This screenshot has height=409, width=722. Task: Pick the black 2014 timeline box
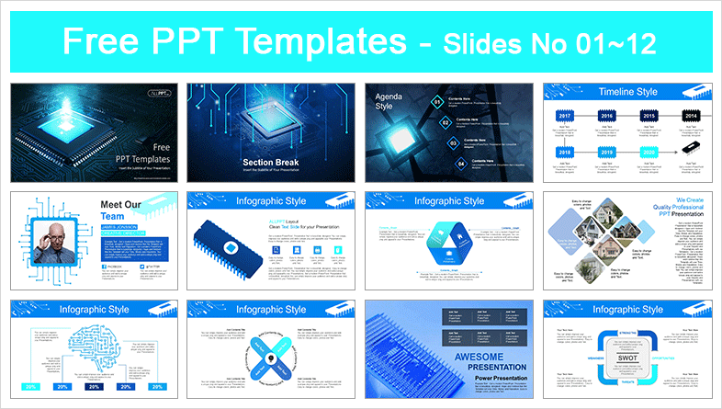[x=690, y=116]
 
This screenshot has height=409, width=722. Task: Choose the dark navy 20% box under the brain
[x=94, y=388]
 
